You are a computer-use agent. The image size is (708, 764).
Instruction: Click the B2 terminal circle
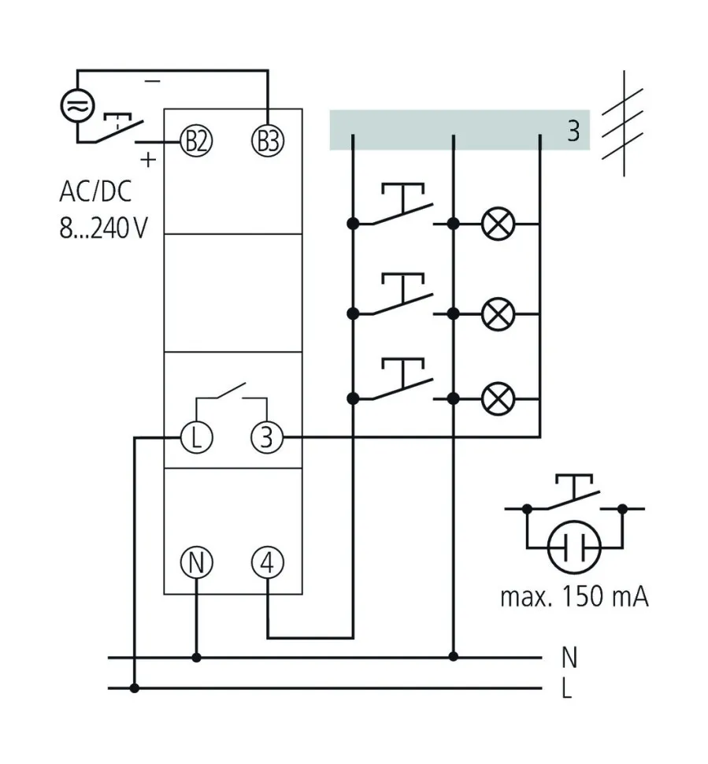pyautogui.click(x=196, y=142)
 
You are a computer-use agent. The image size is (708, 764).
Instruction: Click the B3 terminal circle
pyautogui.click(x=268, y=142)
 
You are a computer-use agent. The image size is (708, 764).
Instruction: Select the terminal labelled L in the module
pyautogui.click(x=196, y=436)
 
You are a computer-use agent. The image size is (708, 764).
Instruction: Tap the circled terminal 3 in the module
pyautogui.click(x=268, y=436)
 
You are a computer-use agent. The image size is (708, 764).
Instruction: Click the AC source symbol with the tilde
pyautogui.click(x=78, y=106)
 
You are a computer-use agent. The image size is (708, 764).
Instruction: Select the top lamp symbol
pyautogui.click(x=497, y=224)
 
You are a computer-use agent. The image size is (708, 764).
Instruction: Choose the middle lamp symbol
pyautogui.click(x=497, y=313)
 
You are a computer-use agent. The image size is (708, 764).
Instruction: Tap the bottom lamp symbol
pyautogui.click(x=497, y=399)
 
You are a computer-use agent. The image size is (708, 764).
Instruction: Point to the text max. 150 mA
pyautogui.click(x=574, y=596)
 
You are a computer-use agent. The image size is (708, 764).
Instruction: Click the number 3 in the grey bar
pyautogui.click(x=573, y=131)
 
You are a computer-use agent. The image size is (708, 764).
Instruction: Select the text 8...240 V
pyautogui.click(x=103, y=228)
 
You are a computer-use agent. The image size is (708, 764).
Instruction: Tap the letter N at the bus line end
pyautogui.click(x=570, y=656)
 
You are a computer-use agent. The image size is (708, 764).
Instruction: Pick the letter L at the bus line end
pyautogui.click(x=567, y=689)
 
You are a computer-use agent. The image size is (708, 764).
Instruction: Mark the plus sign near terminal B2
pyautogui.click(x=147, y=160)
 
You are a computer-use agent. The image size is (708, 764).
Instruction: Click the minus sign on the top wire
pyautogui.click(x=153, y=81)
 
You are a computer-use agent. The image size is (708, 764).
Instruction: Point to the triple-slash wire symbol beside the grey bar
pyautogui.click(x=623, y=124)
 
